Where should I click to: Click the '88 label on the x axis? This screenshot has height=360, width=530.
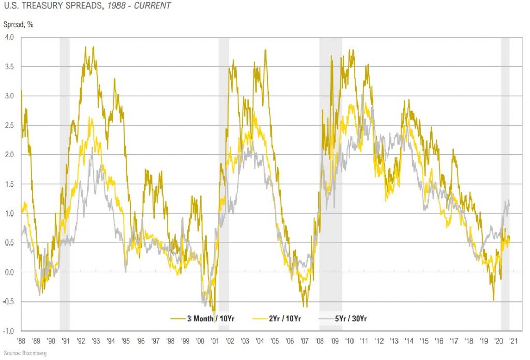21,341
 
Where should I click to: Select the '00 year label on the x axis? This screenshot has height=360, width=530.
201,341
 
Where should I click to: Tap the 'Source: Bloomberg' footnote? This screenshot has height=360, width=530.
24,354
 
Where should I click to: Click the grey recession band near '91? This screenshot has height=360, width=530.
65,155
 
